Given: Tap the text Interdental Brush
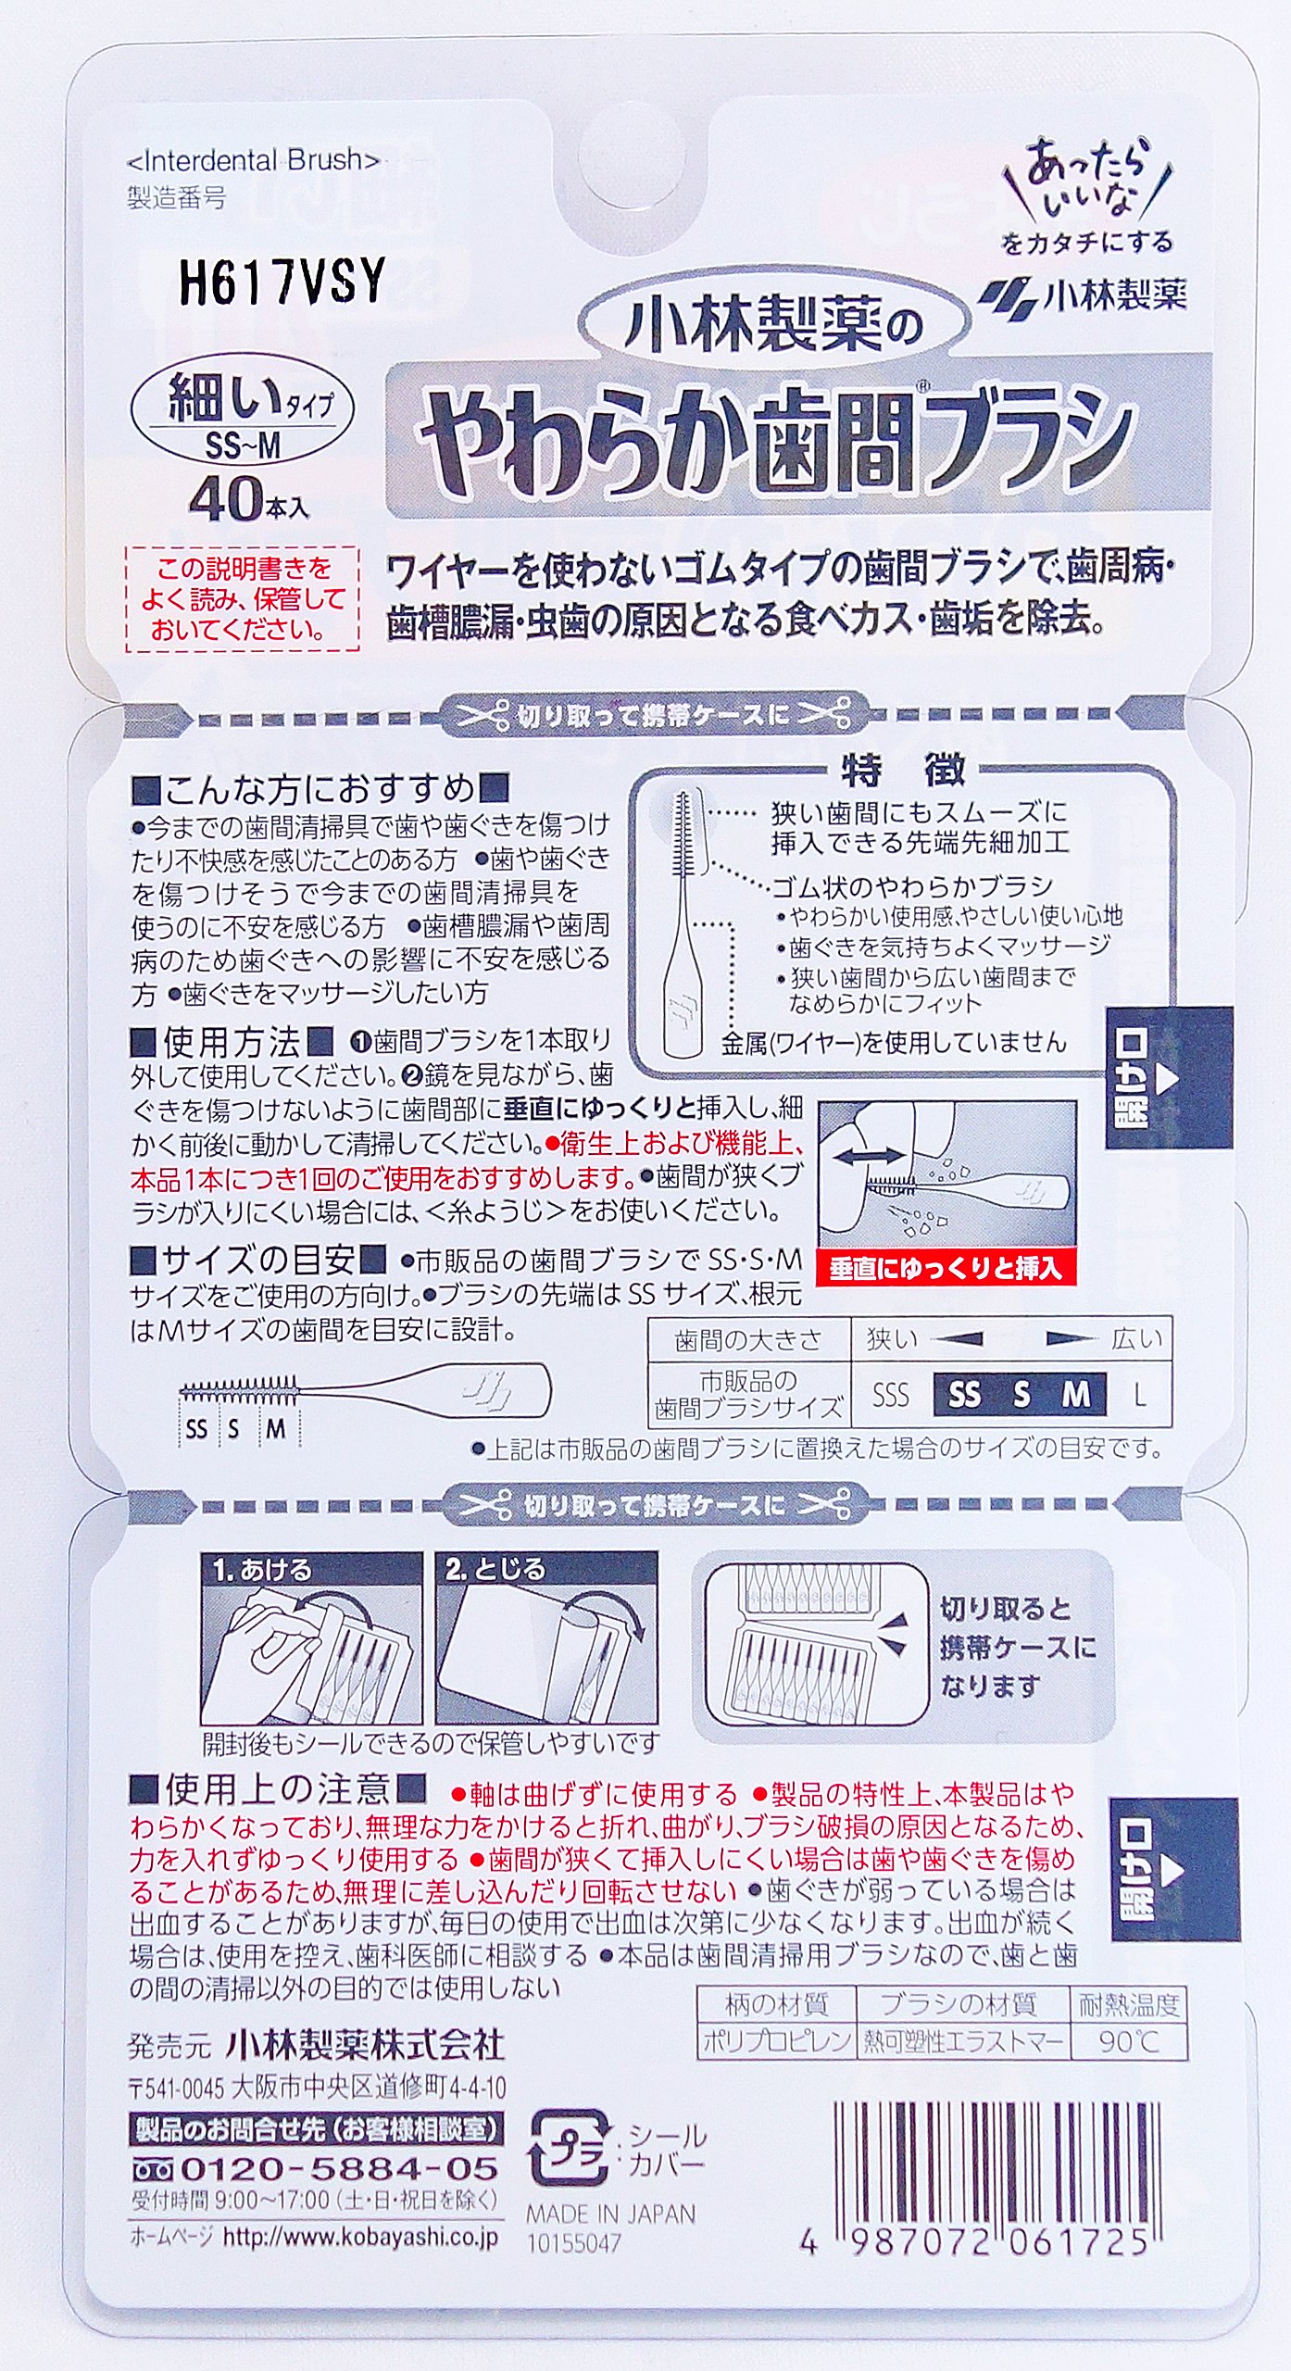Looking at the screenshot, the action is (x=253, y=160).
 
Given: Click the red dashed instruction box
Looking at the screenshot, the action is (x=242, y=598).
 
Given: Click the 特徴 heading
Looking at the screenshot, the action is (x=902, y=769).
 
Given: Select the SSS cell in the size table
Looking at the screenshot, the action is (x=889, y=1395).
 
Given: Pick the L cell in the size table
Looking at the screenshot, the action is (x=1140, y=1395).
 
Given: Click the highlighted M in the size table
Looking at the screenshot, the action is (x=1076, y=1394).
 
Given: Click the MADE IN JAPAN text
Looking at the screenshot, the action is (x=610, y=2214).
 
